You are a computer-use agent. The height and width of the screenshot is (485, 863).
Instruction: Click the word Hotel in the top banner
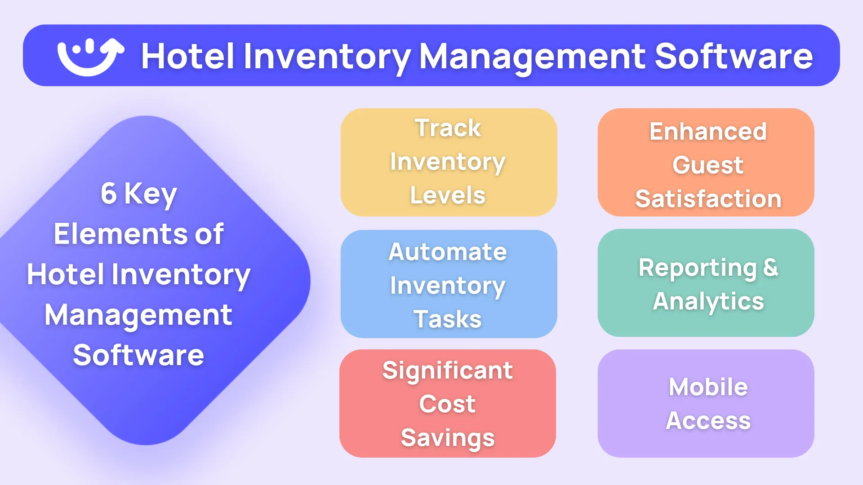coord(187,57)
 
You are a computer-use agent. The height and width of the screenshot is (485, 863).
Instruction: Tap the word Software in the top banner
coord(734,57)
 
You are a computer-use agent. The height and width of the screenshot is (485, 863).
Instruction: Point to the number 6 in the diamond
coord(109,194)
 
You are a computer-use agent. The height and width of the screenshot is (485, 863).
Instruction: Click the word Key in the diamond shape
coord(151,194)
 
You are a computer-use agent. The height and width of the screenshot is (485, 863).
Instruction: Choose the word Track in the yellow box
coord(448,128)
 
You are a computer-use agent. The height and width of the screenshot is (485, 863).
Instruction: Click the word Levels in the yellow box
coord(448,195)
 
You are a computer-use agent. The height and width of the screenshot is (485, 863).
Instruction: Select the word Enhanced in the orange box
coord(708,132)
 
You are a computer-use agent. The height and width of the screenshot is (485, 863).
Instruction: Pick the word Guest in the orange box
coord(708,165)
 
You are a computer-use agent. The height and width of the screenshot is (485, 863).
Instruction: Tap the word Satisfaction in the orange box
coord(708,198)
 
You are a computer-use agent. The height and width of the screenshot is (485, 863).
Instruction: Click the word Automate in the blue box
coord(448,251)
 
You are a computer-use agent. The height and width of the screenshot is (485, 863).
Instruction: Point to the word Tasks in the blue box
coord(448,319)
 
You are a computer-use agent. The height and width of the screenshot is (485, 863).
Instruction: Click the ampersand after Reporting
coord(771,268)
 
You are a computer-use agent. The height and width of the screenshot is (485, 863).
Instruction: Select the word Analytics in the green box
coord(708,301)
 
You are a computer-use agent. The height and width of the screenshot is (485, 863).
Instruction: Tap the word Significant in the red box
coord(448,370)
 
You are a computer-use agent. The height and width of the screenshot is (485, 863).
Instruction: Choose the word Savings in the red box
coord(448,438)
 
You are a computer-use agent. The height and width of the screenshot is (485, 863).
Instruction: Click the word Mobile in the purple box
coord(708,387)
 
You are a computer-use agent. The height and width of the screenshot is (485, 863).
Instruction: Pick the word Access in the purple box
coord(708,421)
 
